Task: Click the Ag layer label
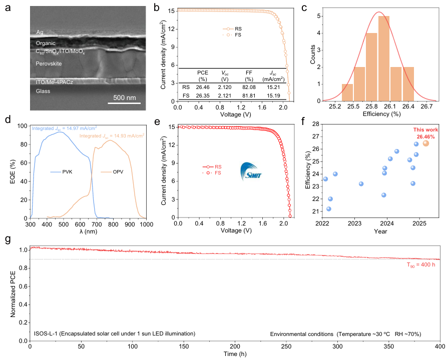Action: pos(40,32)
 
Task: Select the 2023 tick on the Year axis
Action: pos(354,222)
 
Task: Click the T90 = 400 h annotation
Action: pos(421,265)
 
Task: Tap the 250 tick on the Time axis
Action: pos(286,346)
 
